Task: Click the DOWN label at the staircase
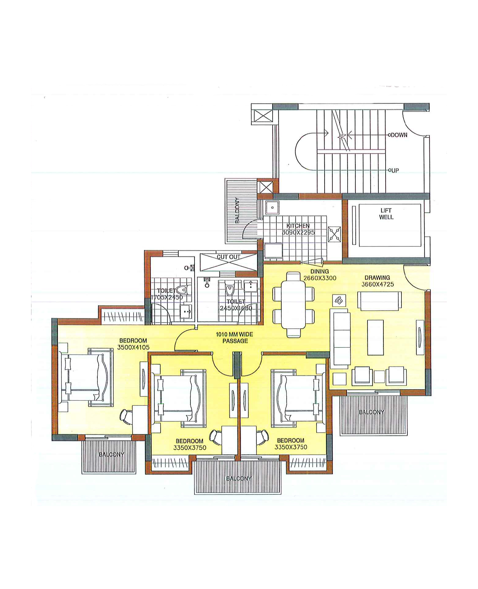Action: (399, 135)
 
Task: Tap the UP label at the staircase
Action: (395, 171)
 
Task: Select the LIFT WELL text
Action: (386, 214)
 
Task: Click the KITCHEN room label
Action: (298, 226)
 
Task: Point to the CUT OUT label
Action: (228, 257)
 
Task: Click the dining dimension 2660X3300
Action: (320, 278)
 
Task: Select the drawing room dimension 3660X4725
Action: (377, 284)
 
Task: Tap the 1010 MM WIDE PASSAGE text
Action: (235, 338)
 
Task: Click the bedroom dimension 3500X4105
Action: (133, 347)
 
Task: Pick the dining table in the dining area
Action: (293, 305)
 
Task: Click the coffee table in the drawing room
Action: (375, 337)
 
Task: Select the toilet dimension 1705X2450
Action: (167, 297)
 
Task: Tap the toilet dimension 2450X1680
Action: (236, 308)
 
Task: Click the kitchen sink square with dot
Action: (272, 208)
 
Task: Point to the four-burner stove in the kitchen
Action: (334, 234)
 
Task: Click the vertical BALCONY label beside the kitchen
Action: (237, 210)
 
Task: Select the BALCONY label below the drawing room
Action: (371, 412)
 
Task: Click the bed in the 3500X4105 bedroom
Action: (85, 377)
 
